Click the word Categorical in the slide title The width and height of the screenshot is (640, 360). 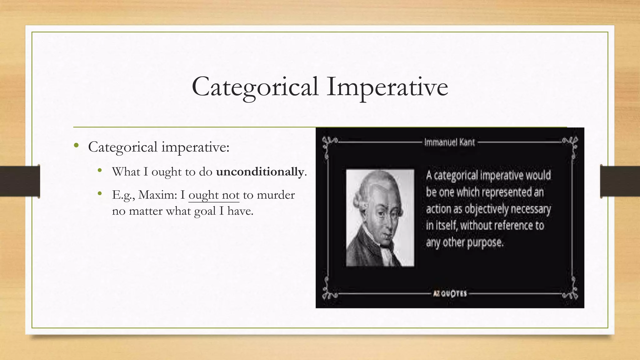[255, 87]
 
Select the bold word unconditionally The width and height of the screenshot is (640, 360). [260, 172]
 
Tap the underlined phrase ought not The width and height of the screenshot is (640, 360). [214, 195]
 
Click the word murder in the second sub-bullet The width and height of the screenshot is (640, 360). [276, 195]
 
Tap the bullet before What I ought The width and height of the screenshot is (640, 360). [100, 170]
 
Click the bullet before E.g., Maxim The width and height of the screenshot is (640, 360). [100, 194]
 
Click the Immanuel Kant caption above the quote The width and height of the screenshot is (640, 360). [449, 142]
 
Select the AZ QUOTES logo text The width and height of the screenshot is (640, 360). [450, 294]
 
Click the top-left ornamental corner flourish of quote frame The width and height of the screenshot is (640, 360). [328, 144]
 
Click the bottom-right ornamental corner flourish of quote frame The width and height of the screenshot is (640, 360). [572, 292]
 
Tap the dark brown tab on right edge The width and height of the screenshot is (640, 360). [620, 181]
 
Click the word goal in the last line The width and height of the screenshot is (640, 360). [205, 212]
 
